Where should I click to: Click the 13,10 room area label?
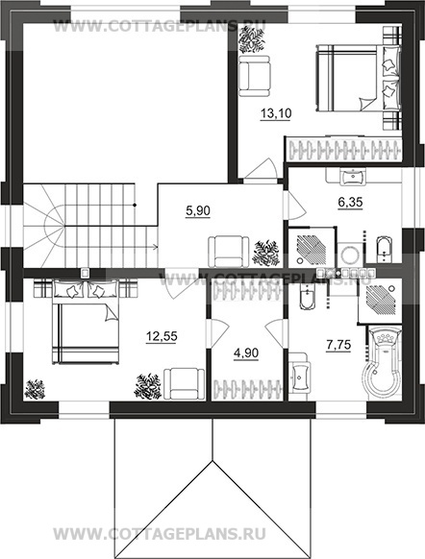click(x=276, y=114)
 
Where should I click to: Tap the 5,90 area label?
click(x=198, y=211)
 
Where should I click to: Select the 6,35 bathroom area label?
click(x=350, y=203)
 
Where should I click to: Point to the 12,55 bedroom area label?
click(x=162, y=336)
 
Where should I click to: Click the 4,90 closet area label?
click(x=246, y=353)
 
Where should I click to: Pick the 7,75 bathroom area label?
click(x=338, y=345)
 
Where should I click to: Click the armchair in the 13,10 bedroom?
click(x=255, y=76)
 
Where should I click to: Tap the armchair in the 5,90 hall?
click(x=229, y=252)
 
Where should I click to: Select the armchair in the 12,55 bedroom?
click(x=184, y=384)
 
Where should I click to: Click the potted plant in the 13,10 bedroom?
click(x=252, y=40)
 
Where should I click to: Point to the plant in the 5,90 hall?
click(x=265, y=253)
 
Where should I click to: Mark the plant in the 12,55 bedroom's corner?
click(x=35, y=389)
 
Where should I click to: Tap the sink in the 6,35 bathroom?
click(x=353, y=177)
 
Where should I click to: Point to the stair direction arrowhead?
click(x=156, y=246)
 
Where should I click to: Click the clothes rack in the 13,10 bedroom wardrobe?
click(x=344, y=150)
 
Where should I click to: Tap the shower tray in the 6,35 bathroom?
click(x=311, y=248)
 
